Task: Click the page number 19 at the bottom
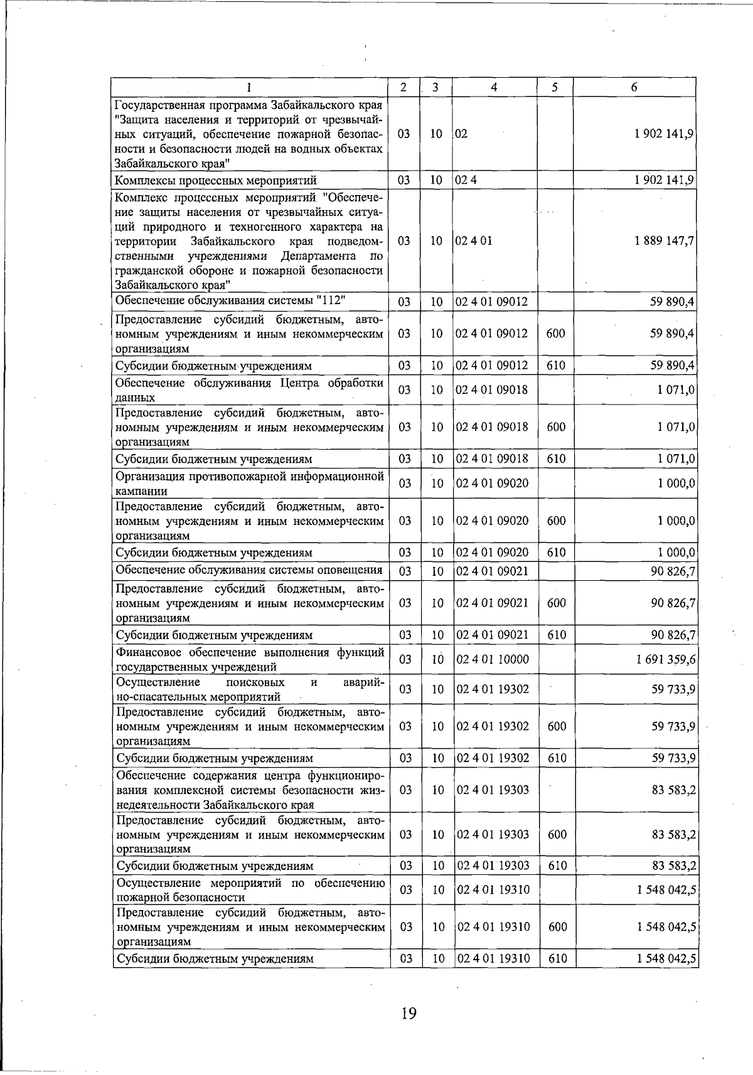[x=409, y=1013]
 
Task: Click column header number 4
[x=494, y=88]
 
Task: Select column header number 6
[x=634, y=88]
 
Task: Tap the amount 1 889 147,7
[x=665, y=241]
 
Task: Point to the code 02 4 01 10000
[x=493, y=659]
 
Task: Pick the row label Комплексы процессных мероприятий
[x=215, y=181]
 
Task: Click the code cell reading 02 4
[x=466, y=181]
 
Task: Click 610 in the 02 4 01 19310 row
[x=557, y=958]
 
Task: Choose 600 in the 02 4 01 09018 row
[x=555, y=427]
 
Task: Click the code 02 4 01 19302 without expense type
[x=493, y=689]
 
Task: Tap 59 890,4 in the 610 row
[x=671, y=366]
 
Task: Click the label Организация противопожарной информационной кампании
[x=249, y=484]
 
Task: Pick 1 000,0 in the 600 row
[x=676, y=521]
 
